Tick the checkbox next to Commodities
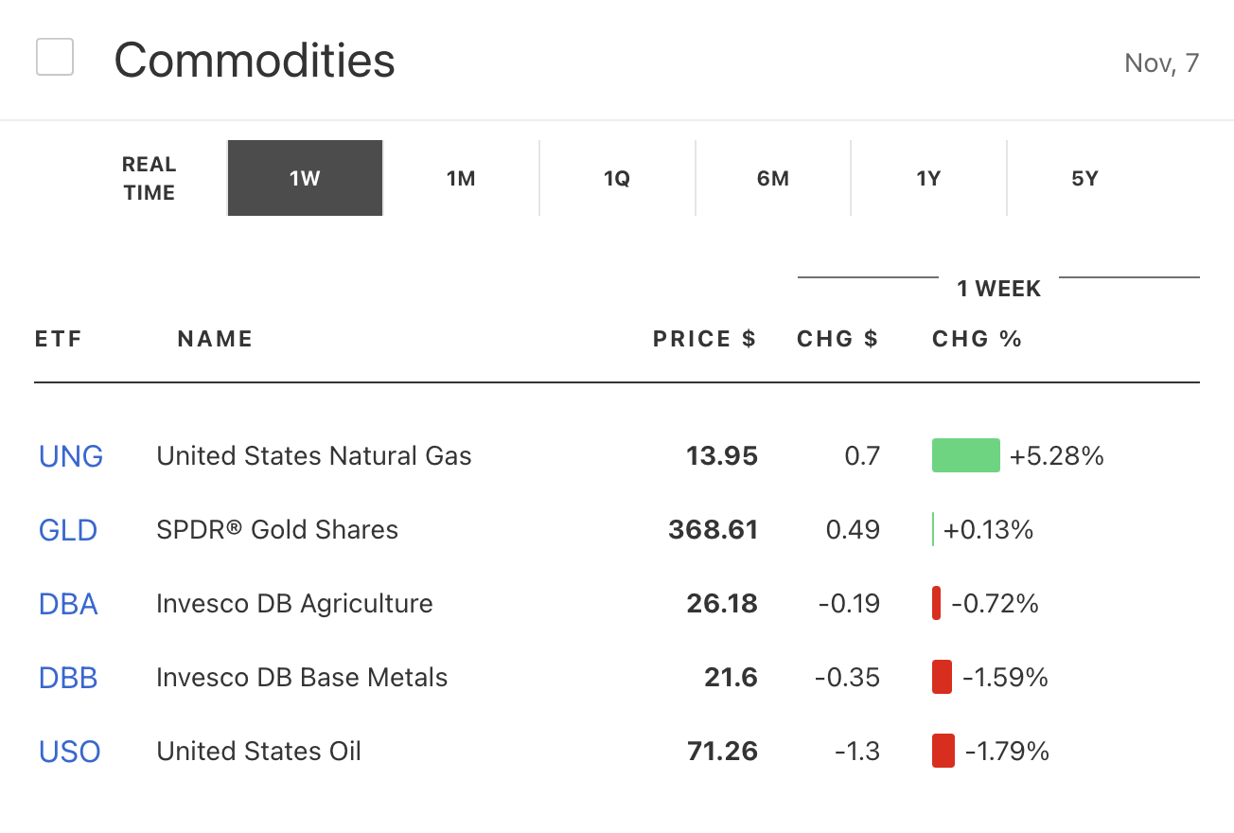(55, 57)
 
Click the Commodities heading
(255, 61)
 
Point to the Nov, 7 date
(1161, 63)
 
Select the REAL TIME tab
(149, 179)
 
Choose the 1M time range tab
(461, 179)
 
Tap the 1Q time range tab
(617, 179)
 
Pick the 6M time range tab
(773, 179)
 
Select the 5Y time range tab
(1084, 179)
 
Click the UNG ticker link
(71, 456)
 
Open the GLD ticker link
(68, 530)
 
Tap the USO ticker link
(69, 752)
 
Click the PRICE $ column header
(704, 339)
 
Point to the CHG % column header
(977, 339)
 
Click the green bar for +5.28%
(966, 455)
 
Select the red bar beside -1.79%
(943, 751)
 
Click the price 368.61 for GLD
(713, 530)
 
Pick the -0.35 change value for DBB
(847, 678)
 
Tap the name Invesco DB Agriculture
(294, 604)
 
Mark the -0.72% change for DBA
(995, 604)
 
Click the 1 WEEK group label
(998, 289)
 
